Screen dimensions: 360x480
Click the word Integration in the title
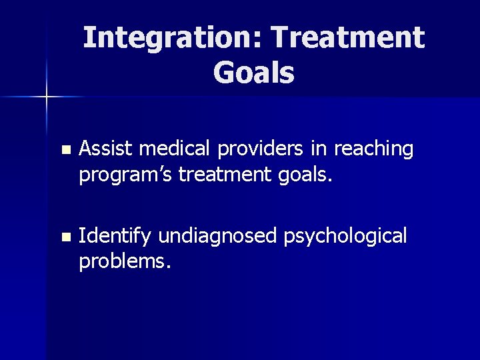pyautogui.click(x=169, y=38)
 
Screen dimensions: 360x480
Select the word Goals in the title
pyautogui.click(x=253, y=73)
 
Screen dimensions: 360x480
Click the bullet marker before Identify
pyautogui.click(x=64, y=237)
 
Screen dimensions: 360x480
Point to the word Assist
pyautogui.click(x=101, y=149)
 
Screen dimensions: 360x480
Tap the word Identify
pyautogui.click(x=115, y=236)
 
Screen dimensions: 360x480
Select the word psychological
pyautogui.click(x=345, y=236)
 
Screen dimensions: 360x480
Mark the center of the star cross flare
pyautogui.click(x=47, y=97)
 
